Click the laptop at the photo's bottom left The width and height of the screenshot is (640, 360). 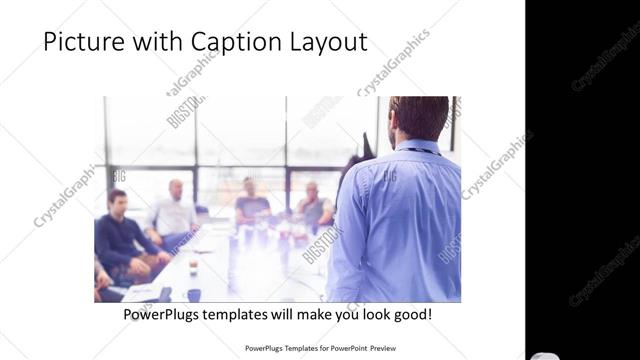point(140,293)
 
